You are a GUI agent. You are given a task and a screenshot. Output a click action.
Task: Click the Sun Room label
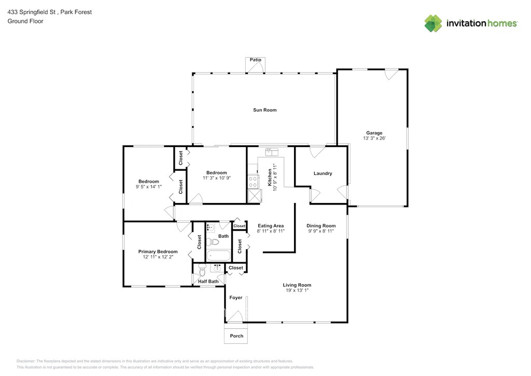[x=265, y=110]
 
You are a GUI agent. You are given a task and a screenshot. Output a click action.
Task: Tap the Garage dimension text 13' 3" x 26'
[x=374, y=138]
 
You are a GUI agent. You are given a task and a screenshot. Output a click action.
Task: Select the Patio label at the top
[x=255, y=60]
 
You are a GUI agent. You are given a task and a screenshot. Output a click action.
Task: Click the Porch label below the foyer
[x=236, y=336]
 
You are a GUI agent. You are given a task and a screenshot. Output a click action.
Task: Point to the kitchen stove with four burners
[x=253, y=181]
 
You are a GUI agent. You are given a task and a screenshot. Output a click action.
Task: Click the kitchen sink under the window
[x=272, y=152]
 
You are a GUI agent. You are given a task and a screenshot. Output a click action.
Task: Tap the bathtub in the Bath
[x=218, y=256]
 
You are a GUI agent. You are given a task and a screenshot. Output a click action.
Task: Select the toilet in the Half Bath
[x=202, y=270]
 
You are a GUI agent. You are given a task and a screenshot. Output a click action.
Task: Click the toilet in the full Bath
[x=213, y=242]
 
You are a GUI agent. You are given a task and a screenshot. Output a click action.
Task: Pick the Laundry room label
[x=323, y=173]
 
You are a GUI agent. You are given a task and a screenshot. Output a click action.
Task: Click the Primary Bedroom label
[x=158, y=251]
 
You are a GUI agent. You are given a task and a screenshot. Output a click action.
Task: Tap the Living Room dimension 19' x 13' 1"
[x=297, y=290]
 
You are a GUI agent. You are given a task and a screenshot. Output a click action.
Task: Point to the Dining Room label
[x=321, y=226]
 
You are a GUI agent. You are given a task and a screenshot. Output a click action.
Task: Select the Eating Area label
[x=271, y=226]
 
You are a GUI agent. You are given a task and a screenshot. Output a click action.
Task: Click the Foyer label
[x=236, y=298]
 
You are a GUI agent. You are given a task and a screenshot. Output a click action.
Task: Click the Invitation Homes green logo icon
[x=433, y=23]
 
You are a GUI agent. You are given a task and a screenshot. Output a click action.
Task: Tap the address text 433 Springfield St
[x=31, y=12]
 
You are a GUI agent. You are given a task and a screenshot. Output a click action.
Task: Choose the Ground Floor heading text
[x=25, y=21]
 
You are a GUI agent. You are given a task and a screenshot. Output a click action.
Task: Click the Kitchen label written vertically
[x=270, y=178]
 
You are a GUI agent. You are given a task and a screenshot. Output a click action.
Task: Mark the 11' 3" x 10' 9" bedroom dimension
[x=217, y=178]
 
